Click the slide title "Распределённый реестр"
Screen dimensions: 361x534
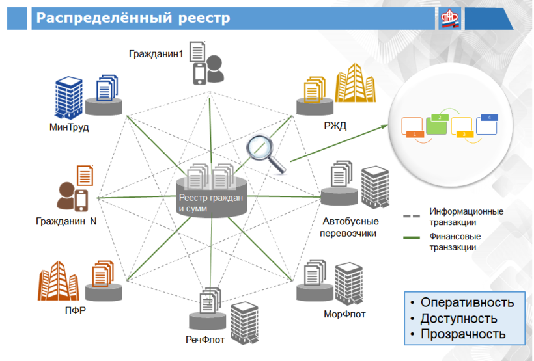click(x=133, y=18)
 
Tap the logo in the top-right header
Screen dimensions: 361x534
click(x=449, y=18)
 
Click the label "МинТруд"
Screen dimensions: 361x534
click(x=68, y=127)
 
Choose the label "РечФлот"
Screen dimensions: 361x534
click(x=205, y=339)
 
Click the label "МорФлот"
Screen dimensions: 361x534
click(x=344, y=314)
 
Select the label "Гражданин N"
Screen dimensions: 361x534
click(x=66, y=221)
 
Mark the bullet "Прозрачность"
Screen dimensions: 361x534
click(x=462, y=334)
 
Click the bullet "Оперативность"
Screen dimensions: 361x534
click(x=466, y=302)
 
